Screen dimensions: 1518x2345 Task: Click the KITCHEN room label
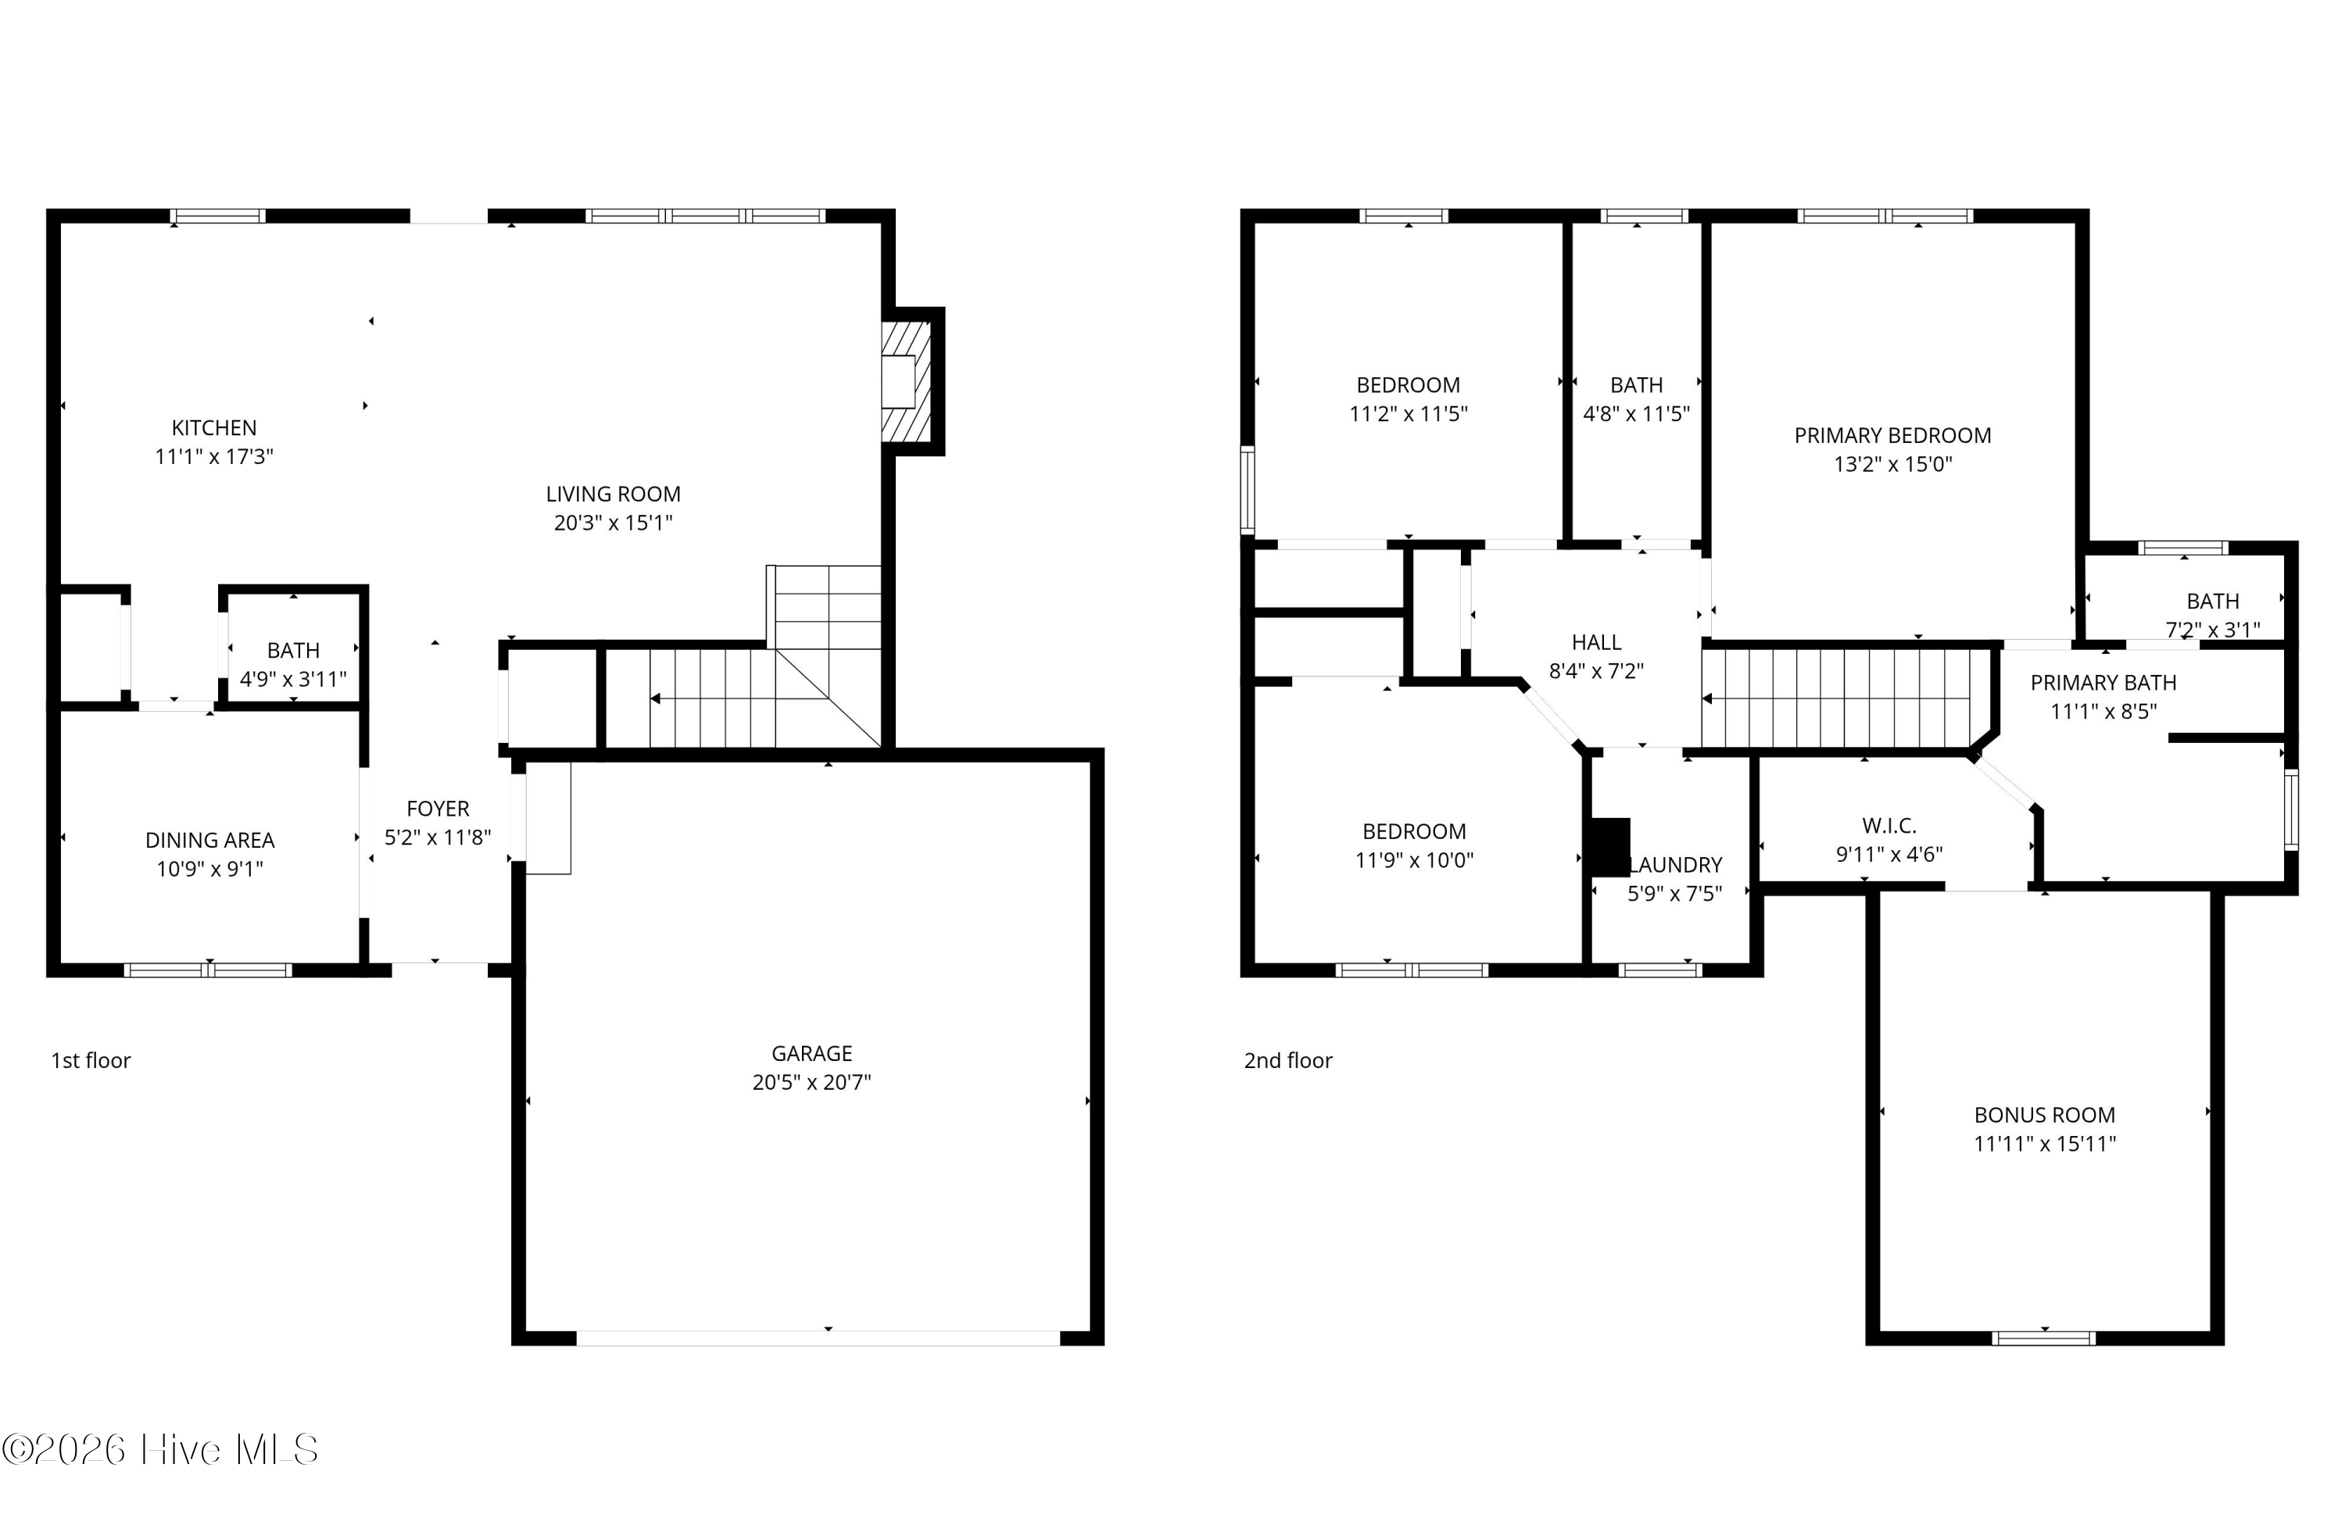coord(214,427)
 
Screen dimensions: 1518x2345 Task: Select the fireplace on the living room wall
coord(904,381)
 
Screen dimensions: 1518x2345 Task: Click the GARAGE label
coord(811,1053)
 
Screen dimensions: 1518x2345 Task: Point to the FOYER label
coord(438,809)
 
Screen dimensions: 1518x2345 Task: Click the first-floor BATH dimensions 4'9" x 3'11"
coord(294,679)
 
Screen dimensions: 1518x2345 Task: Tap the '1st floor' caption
coord(91,1060)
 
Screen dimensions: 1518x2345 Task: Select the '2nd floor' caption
coord(1287,1060)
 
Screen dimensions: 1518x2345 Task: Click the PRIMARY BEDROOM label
coord(1892,435)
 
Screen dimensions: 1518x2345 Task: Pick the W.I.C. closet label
coord(1889,826)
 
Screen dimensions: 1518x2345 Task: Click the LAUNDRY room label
coord(1676,865)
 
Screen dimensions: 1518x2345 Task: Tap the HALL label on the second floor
coord(1596,642)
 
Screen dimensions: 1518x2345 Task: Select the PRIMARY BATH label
coord(2103,683)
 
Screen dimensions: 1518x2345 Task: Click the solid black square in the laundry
coord(1611,847)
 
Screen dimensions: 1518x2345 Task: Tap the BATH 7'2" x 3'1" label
coord(2212,601)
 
